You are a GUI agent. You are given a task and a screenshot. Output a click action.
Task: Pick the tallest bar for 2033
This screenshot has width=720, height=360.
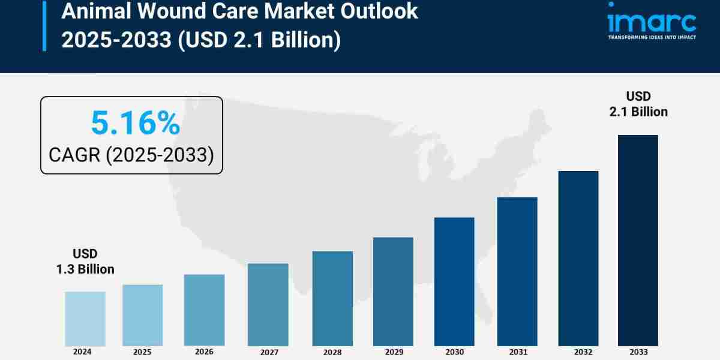638,240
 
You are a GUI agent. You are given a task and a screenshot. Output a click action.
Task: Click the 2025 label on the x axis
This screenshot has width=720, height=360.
143,351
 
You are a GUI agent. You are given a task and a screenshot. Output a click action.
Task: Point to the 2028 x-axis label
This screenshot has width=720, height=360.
332,352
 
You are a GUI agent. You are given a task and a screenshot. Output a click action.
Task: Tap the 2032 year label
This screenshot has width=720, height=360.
578,352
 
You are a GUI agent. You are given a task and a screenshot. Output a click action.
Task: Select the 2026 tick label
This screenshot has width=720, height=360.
204,351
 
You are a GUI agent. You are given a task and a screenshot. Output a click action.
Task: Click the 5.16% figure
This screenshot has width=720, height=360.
135,124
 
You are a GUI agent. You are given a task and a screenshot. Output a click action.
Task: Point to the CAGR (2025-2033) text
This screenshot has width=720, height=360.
131,155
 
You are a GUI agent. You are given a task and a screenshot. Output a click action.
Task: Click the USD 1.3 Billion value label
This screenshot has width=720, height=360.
85,262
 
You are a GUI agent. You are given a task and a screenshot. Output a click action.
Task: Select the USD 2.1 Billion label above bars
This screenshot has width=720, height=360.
638,104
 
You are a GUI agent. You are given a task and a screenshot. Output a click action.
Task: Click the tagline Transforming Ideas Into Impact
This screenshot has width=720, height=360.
652,37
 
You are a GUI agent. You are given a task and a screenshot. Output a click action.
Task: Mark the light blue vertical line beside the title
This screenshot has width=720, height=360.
44,25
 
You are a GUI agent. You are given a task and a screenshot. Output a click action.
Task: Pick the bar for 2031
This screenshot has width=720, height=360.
517,271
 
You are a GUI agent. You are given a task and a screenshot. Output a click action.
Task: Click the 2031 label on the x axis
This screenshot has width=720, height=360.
517,352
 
